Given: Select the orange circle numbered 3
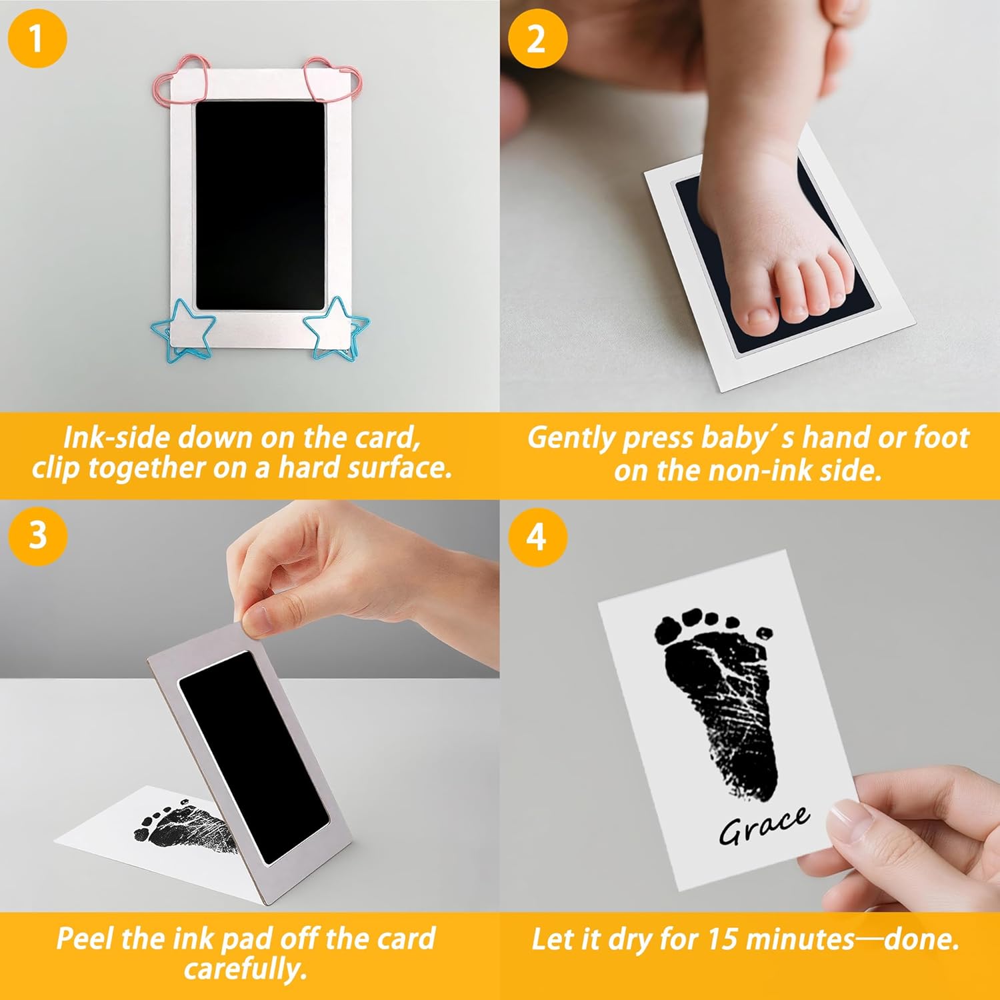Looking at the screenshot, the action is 37,536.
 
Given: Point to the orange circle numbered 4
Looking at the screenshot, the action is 537,536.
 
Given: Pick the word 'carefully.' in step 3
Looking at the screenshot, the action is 245,969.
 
